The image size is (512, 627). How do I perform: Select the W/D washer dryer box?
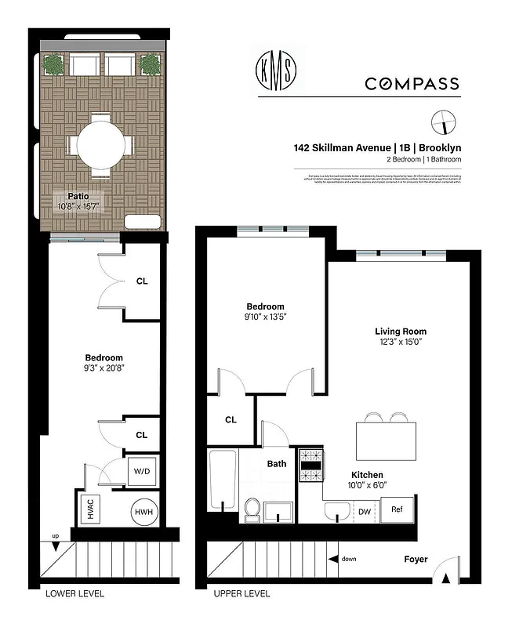pos(143,472)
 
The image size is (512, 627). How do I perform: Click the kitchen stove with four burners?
pos(311,463)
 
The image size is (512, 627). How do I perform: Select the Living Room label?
pos(400,332)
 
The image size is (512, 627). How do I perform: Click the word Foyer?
pos(415,560)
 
